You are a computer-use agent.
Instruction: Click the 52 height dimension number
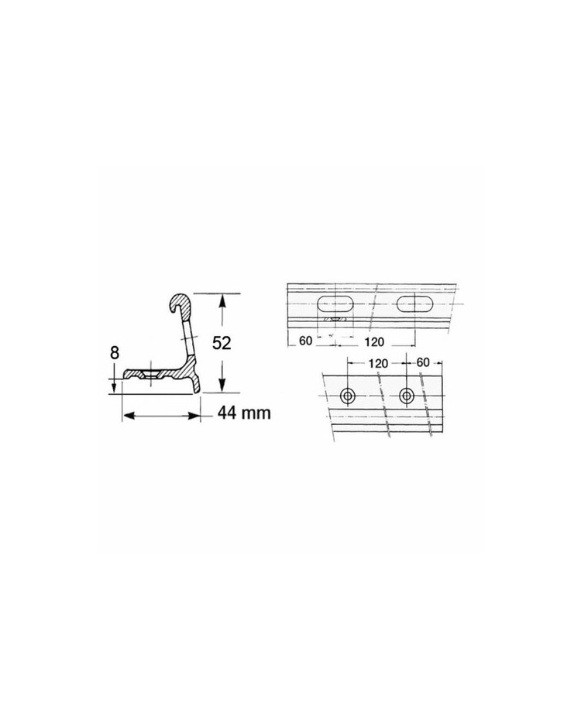tap(222, 342)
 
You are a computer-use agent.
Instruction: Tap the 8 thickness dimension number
tap(115, 353)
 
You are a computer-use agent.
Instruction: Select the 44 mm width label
tap(244, 413)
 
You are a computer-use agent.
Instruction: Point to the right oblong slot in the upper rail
tap(415, 305)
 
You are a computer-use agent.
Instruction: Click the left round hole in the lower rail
tap(347, 396)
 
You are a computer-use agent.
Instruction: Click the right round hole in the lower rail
tap(406, 396)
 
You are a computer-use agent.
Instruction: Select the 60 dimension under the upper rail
tap(305, 341)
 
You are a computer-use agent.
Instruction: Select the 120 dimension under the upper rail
tap(374, 341)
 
